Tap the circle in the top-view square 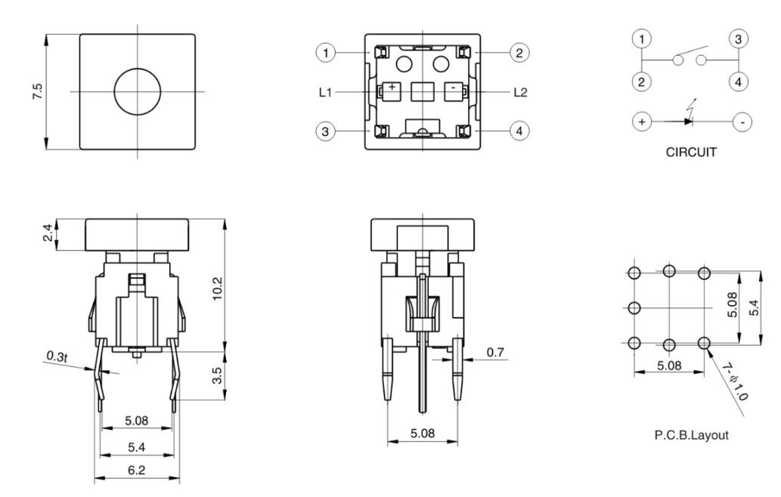tap(137, 91)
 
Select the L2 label tap(520, 92)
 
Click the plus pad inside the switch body tap(392, 88)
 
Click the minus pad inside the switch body tap(452, 88)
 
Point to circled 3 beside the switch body tap(324, 131)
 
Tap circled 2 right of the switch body tap(519, 52)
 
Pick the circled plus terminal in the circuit tap(641, 121)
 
